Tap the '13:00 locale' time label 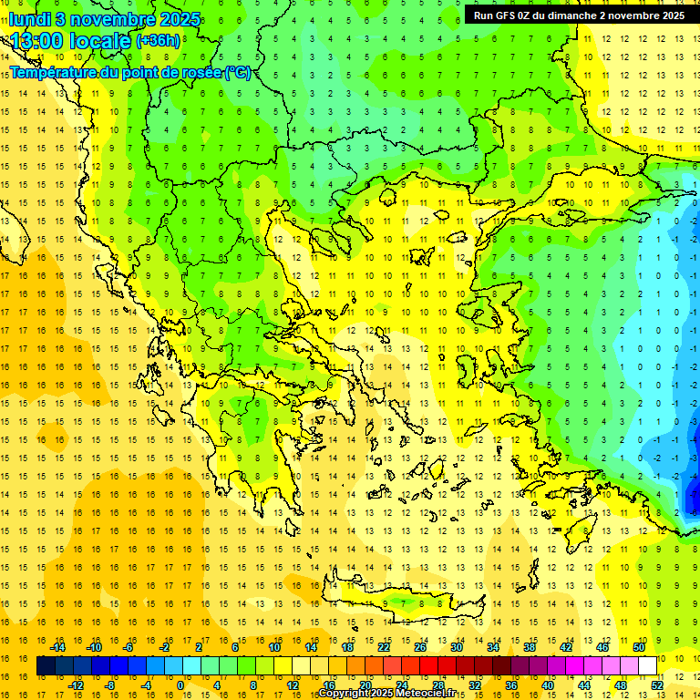click(71, 42)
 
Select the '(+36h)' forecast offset click(158, 42)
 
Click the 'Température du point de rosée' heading click(130, 72)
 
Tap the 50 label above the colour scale click(638, 647)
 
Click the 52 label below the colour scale click(656, 685)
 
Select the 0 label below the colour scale click(180, 685)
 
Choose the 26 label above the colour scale click(420, 647)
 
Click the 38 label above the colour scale click(530, 647)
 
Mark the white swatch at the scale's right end click(647, 666)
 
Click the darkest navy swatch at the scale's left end click(46, 666)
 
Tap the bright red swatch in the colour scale click(428, 666)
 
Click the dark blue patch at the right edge click(693, 497)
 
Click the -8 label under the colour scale click(110, 685)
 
